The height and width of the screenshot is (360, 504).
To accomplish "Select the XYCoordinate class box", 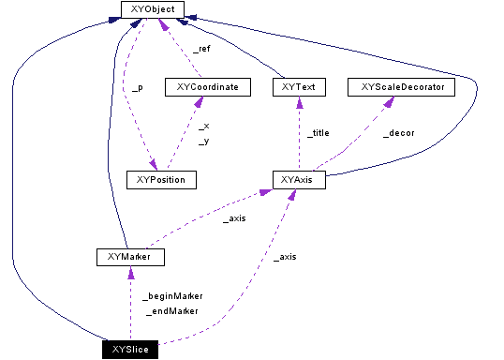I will [207, 87].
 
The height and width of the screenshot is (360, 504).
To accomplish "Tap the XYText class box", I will [297, 87].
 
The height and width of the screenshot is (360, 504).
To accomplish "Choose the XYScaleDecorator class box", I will [401, 87].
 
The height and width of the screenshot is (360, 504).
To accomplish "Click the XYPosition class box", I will [160, 178].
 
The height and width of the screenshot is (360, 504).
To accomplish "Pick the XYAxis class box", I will [298, 178].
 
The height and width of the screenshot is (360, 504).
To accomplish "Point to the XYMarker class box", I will [130, 256].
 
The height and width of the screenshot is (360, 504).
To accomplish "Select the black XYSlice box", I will [130, 350].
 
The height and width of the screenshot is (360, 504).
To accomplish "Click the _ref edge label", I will [200, 48].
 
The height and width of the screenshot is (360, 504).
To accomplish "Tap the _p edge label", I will [137, 87].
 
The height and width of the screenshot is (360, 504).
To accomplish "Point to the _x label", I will [203, 125].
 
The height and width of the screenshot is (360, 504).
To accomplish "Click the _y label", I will [203, 141].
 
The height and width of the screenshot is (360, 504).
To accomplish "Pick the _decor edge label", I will [399, 133].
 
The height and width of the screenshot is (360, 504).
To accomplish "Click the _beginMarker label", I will [172, 295].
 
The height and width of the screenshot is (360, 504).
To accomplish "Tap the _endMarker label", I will [172, 311].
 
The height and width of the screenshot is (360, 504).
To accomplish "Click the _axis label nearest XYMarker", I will [234, 219].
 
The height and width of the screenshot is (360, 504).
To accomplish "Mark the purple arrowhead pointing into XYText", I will [297, 101].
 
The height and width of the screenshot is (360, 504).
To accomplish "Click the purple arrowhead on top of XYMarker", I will [130, 271].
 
